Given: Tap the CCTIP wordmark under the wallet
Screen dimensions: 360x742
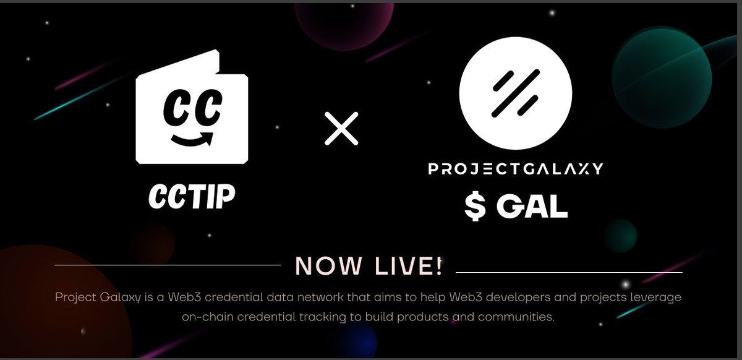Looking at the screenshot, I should point(192,196).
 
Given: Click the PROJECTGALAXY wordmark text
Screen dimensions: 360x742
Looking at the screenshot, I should point(515,169).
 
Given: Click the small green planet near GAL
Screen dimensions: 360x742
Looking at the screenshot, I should point(620,236).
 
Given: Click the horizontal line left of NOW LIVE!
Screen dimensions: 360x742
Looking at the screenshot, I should point(168,265).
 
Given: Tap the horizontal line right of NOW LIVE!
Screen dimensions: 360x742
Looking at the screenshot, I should point(569,272).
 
